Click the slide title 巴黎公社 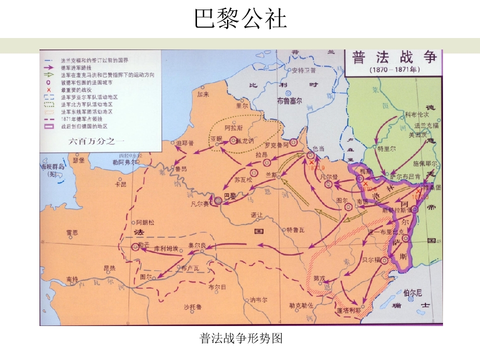[240, 18]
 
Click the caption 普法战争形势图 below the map [241, 338]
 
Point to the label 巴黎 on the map [229, 196]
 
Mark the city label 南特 [72, 278]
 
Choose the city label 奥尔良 [197, 245]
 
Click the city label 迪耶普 [185, 143]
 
